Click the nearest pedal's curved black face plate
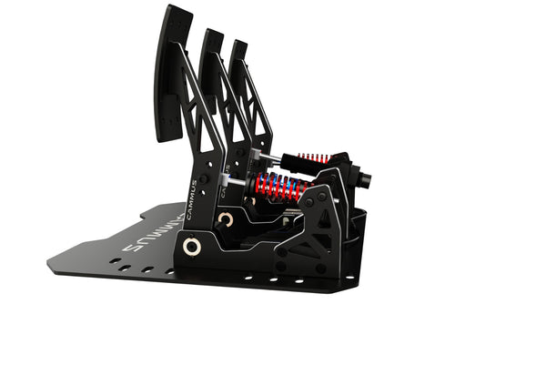click(172, 73)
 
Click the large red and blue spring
click(278, 187)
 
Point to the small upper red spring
click(314, 160)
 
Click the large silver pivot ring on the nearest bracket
click(191, 247)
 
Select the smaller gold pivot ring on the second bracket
click(225, 219)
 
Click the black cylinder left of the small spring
click(291, 164)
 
